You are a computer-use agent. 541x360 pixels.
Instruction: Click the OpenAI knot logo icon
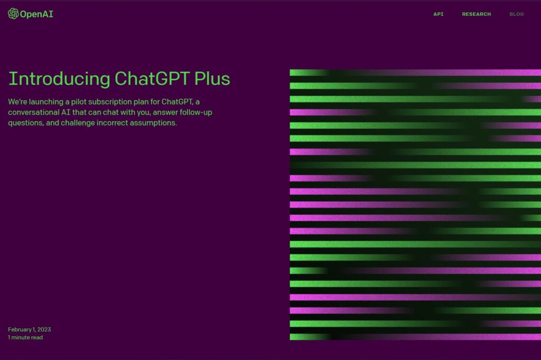coord(13,14)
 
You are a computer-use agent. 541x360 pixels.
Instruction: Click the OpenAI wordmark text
coord(36,14)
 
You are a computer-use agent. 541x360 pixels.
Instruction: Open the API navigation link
coord(438,14)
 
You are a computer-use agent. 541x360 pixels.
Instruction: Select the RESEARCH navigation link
coord(476,14)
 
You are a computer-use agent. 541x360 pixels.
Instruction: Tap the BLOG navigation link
coord(517,14)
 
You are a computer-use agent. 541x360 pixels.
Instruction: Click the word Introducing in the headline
coord(59,79)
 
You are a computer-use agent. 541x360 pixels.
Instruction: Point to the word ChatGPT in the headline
coord(152,79)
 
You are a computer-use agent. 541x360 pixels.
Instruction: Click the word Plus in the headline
coord(212,79)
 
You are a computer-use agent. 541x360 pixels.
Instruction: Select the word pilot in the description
coord(79,102)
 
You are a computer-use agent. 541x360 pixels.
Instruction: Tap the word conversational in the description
coord(34,112)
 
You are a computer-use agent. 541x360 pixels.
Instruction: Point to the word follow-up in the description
coord(195,113)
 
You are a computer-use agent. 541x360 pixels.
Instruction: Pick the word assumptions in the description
coord(153,123)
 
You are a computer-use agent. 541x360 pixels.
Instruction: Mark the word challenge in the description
coord(78,123)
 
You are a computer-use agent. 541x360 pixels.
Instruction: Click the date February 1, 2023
coord(30,330)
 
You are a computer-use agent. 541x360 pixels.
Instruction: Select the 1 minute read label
coord(25,338)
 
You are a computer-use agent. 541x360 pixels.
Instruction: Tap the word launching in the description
coord(46,102)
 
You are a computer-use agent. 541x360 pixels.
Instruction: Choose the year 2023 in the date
coord(44,330)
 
